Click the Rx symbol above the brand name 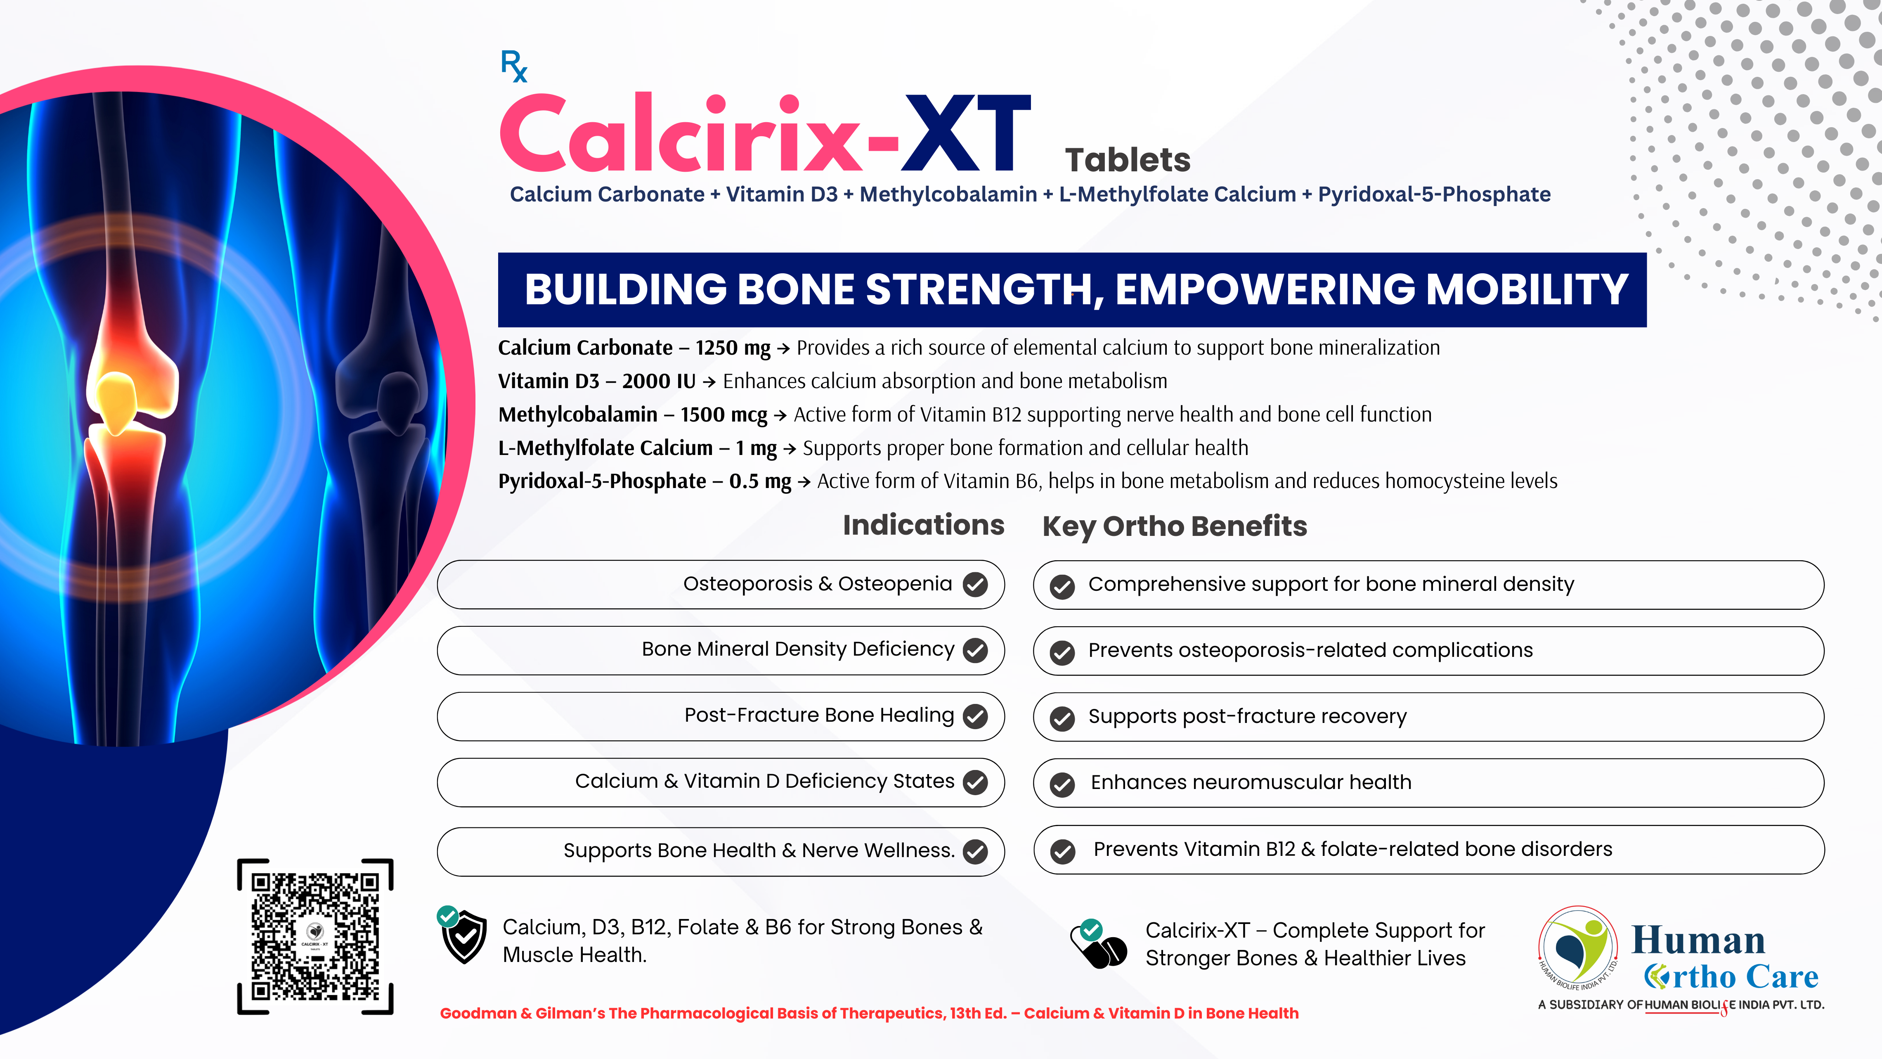[513, 66]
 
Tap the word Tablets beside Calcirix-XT [1127, 159]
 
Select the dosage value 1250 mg [733, 348]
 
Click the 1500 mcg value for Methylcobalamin [723, 415]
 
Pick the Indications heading [924, 525]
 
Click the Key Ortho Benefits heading [1174, 526]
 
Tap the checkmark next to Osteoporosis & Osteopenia [975, 584]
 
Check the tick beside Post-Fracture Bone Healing [975, 716]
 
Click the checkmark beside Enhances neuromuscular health [1062, 784]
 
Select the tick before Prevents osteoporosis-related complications [1062, 652]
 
